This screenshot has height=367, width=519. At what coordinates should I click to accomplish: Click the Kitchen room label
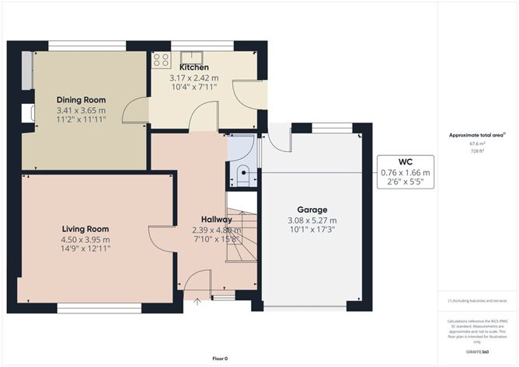coord(193,68)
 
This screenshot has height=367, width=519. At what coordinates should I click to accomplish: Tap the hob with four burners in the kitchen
coord(162,60)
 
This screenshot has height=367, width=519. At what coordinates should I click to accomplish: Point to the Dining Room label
coord(81,100)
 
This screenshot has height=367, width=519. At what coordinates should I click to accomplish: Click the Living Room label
coord(85,229)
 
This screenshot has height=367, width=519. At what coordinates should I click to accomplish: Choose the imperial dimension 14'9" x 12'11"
coord(85,250)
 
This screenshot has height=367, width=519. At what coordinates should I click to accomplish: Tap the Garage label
coord(312,209)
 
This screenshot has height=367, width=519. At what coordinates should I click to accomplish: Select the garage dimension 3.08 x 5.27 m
coord(312,220)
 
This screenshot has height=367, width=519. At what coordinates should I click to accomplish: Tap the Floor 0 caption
coord(221,358)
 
